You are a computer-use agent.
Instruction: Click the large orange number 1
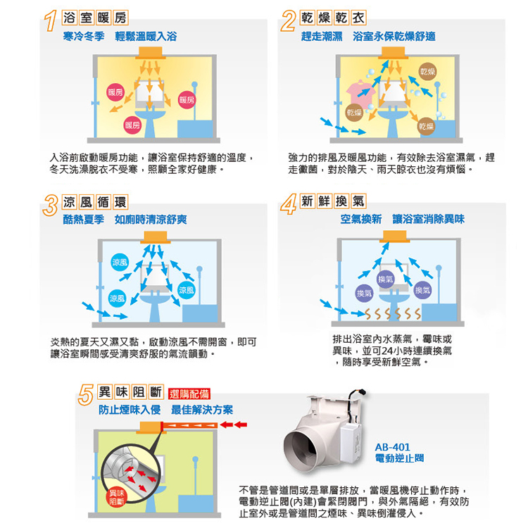pyautogui.click(x=51, y=21)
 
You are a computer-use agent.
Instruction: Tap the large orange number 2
pyautogui.click(x=289, y=21)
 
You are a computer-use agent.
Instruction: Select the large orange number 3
pyautogui.click(x=51, y=206)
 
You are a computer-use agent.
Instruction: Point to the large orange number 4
pyautogui.click(x=289, y=205)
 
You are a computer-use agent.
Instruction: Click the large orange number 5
pyautogui.click(x=85, y=395)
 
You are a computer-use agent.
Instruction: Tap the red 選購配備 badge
pyautogui.click(x=189, y=394)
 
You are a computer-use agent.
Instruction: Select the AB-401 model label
pyautogui.click(x=392, y=447)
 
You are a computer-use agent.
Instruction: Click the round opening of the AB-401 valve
pyautogui.click(x=300, y=450)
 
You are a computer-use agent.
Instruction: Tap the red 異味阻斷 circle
pyautogui.click(x=116, y=498)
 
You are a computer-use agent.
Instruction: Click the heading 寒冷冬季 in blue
pyautogui.click(x=84, y=37)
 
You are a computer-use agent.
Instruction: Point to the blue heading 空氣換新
pyautogui.click(x=360, y=219)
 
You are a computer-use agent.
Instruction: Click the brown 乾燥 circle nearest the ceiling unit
pyautogui.click(x=427, y=71)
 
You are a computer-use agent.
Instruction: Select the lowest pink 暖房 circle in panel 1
pyautogui.click(x=132, y=125)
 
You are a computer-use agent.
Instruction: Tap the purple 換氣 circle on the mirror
pyautogui.click(x=386, y=279)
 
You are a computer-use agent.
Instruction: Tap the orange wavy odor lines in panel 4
pyautogui.click(x=393, y=314)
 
